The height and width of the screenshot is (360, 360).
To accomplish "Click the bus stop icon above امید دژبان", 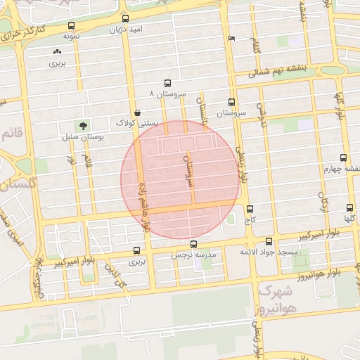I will (125, 18).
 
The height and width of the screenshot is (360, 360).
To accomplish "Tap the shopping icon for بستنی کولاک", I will (137, 112).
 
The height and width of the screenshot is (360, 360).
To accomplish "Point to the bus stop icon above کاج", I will (250, 209).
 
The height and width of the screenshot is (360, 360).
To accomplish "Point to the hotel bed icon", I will (232, 38).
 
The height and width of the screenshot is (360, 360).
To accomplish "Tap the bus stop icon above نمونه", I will (70, 25).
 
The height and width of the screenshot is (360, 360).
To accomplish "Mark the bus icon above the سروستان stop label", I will (232, 103).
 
